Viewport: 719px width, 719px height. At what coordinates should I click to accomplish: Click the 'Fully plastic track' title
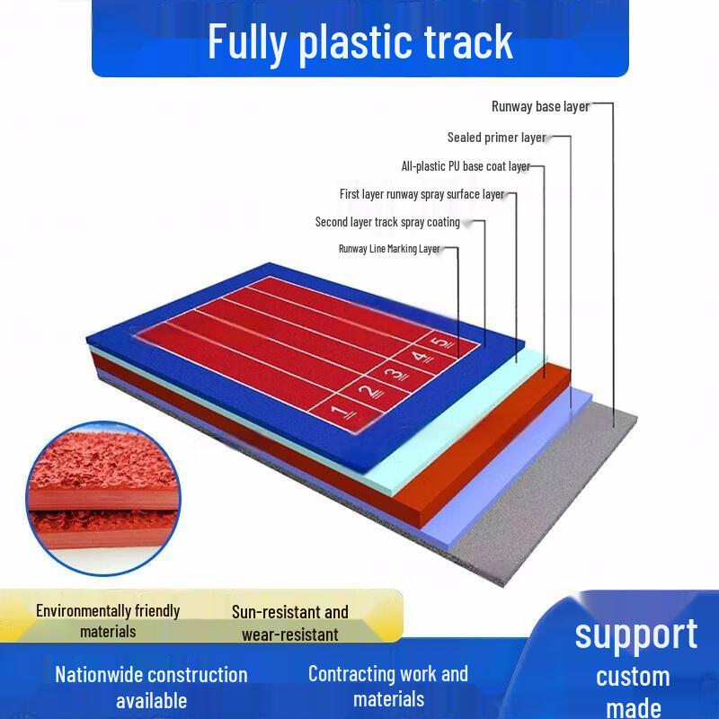(360, 43)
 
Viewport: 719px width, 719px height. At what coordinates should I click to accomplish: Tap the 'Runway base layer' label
(540, 106)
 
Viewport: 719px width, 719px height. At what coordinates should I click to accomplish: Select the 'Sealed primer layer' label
(497, 138)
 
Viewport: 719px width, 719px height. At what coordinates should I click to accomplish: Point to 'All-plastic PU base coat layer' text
(466, 166)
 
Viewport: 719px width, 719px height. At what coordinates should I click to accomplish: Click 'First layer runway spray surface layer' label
(422, 194)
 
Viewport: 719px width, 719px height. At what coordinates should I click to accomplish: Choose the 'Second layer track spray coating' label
(387, 222)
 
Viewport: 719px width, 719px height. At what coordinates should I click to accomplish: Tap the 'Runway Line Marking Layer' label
(389, 249)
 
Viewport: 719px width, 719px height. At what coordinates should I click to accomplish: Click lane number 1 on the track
(342, 413)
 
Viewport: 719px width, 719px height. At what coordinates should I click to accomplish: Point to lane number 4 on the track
(422, 357)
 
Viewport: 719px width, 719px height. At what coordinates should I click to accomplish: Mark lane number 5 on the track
(444, 342)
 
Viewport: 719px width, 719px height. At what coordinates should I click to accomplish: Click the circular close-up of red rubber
(103, 499)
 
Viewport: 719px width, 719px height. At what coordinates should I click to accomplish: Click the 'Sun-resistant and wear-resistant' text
(289, 623)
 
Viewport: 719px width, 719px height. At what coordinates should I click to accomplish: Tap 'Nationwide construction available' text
(151, 688)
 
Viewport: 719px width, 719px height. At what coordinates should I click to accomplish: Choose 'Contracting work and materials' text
(388, 687)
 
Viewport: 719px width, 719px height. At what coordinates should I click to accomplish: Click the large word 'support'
(636, 635)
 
